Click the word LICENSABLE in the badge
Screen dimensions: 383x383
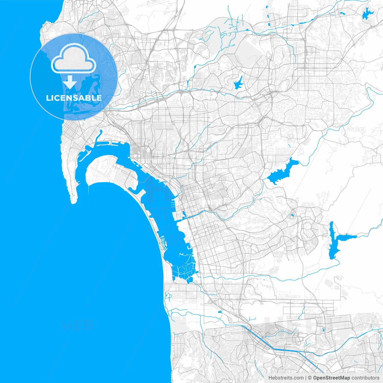(x=74, y=98)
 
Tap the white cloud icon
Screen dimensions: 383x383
(x=74, y=59)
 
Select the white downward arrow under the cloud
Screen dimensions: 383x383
(x=70, y=82)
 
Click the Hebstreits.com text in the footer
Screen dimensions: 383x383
(x=286, y=378)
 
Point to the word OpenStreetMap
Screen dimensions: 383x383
(x=331, y=378)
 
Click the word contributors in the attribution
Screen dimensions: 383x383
(x=365, y=378)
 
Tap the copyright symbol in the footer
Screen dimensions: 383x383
(x=310, y=378)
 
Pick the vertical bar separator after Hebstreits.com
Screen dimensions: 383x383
(x=306, y=378)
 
